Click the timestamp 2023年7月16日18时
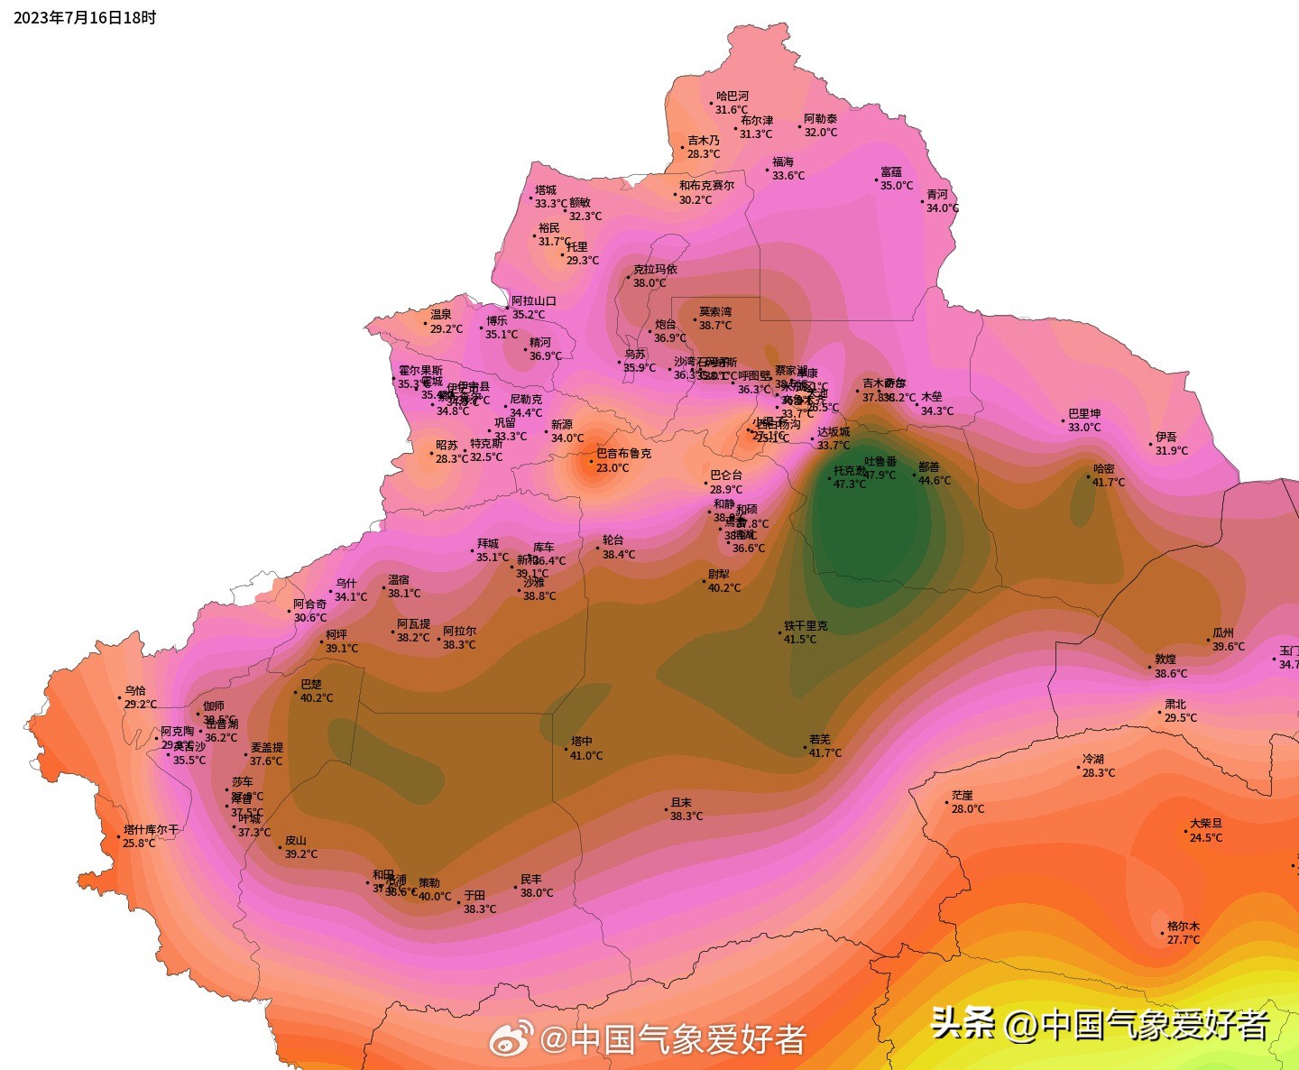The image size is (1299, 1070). pyautogui.click(x=85, y=17)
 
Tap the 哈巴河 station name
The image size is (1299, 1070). pyautogui.click(x=732, y=96)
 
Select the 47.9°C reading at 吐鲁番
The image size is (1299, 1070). pyautogui.click(x=880, y=475)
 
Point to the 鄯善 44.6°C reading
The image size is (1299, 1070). pyautogui.click(x=935, y=481)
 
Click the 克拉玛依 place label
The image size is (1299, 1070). pyautogui.click(x=655, y=269)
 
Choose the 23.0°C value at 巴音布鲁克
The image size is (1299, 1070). pyautogui.click(x=613, y=468)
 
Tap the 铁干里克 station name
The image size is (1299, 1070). pyautogui.click(x=806, y=625)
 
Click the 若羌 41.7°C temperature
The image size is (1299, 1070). pyautogui.click(x=825, y=753)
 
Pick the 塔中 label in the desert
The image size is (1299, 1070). pyautogui.click(x=582, y=742)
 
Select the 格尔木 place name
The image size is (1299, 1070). pyautogui.click(x=1184, y=926)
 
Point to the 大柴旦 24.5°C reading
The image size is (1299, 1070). pyautogui.click(x=1206, y=838)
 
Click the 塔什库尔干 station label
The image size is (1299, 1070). pyautogui.click(x=152, y=829)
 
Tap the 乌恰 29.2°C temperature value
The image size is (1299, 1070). pyautogui.click(x=141, y=705)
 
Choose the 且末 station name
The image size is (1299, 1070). pyautogui.click(x=681, y=802)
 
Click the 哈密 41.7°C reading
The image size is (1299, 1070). pyautogui.click(x=1109, y=483)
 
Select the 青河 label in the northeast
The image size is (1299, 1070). pyautogui.click(x=937, y=194)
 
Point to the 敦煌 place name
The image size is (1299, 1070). pyautogui.click(x=1165, y=659)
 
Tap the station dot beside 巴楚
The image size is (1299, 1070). pyautogui.click(x=295, y=693)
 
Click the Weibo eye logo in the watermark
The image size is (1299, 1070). pyautogui.click(x=511, y=1040)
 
